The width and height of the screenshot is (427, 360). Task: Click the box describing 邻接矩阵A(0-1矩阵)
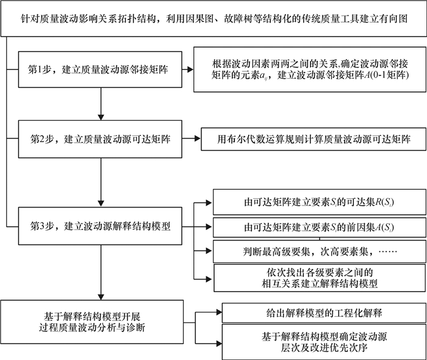point(309,71)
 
